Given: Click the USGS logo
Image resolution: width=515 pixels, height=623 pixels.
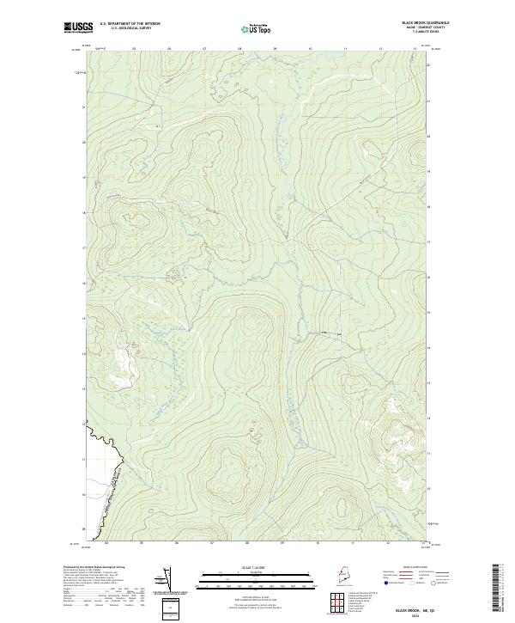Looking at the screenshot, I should coord(79,27).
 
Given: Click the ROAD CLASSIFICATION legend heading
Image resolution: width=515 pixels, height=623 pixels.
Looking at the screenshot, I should coord(414,567).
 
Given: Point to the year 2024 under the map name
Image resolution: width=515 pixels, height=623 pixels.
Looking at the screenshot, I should coord(414,616).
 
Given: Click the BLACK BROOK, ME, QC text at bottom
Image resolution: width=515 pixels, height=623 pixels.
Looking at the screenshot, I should coord(414,610).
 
